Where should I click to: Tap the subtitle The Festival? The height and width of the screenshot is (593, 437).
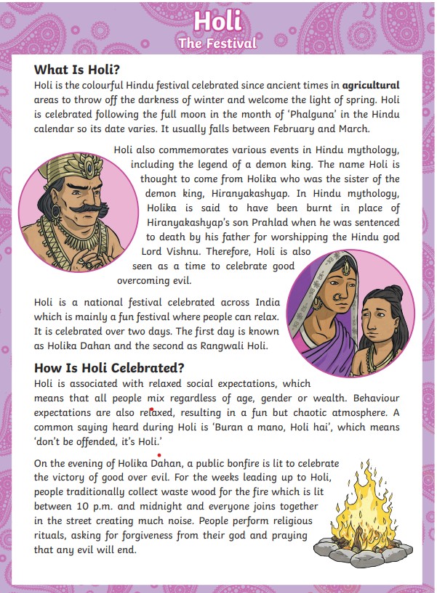point(217,43)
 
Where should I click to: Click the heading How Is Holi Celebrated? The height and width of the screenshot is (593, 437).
point(109,367)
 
